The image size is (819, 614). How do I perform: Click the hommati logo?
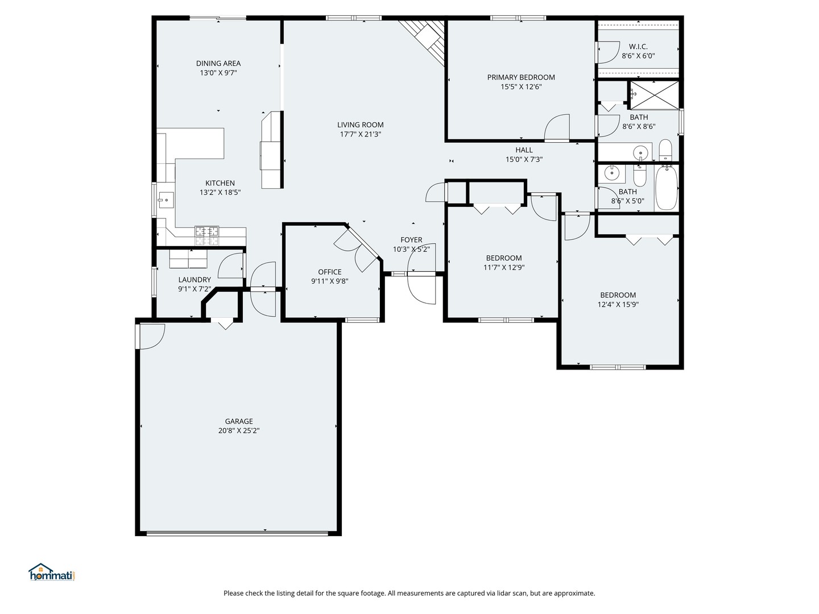coord(52,571)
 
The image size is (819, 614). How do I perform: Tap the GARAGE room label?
coord(239,421)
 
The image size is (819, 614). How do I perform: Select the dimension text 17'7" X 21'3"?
coord(360,134)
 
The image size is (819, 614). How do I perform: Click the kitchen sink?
coord(166,200)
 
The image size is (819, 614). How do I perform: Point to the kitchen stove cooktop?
coord(206,235)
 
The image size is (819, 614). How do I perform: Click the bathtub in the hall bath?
coord(667,188)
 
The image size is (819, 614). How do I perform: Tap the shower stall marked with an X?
coord(654,95)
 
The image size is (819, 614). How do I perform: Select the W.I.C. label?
coord(638,47)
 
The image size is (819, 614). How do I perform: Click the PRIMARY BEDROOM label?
coord(521,77)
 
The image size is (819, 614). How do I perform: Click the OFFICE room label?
coord(329,272)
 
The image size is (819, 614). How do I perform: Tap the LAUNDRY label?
coord(195,280)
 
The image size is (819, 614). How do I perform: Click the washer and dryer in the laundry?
coord(188,259)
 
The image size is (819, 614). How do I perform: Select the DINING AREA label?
coord(218,63)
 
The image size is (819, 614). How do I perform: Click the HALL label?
coord(524,150)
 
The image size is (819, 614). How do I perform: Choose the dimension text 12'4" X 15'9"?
coord(618,304)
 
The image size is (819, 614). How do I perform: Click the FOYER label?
coord(411,240)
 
